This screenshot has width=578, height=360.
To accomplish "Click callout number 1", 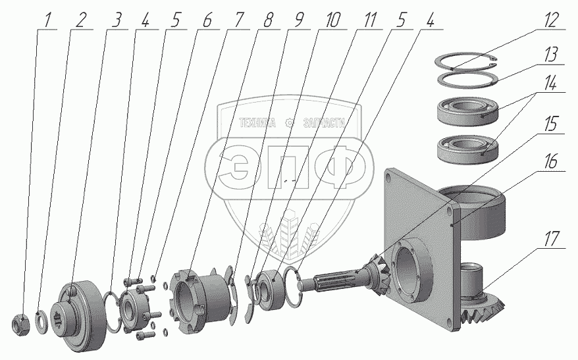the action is coord(47,20).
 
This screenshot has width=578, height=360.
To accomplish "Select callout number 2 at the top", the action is coord(80,20).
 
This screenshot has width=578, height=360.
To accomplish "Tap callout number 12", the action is coord(552,20).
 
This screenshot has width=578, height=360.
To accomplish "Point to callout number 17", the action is coord(552,239).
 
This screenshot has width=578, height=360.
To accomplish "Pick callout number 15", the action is coord(552,124).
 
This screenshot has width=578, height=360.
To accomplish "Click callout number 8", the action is coord(268,20).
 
